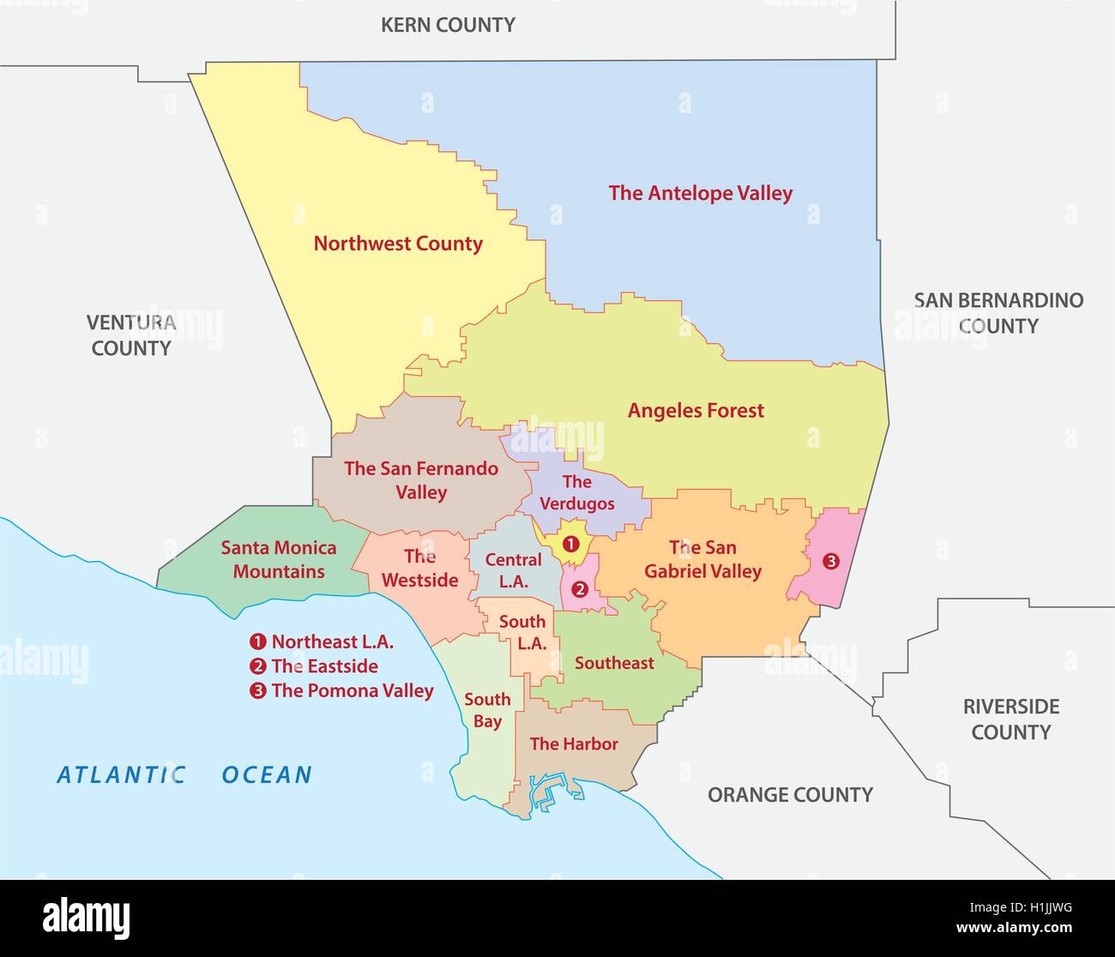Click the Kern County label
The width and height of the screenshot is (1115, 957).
(448, 25)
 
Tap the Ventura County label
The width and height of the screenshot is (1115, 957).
(131, 335)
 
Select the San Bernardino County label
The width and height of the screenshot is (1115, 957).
(998, 313)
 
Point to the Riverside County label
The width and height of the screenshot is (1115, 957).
(1010, 719)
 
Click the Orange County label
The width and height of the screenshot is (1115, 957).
(790, 795)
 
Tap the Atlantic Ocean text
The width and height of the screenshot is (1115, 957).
(184, 775)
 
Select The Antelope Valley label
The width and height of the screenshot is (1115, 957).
(701, 194)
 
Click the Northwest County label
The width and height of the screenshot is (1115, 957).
(398, 244)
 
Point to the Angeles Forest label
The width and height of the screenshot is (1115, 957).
(696, 411)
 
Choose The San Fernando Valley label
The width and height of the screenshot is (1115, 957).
(421, 480)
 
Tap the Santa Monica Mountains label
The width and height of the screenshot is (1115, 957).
(279, 559)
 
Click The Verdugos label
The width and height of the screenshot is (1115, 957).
(577, 492)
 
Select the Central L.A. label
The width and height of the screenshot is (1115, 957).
(513, 570)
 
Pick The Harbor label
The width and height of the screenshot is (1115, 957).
(574, 743)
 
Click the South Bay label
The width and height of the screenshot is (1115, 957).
(487, 710)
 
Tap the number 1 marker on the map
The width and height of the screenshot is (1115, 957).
(570, 543)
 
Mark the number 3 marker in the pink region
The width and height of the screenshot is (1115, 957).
(830, 562)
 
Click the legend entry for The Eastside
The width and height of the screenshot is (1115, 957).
(323, 666)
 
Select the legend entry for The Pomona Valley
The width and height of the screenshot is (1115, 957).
(351, 691)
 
